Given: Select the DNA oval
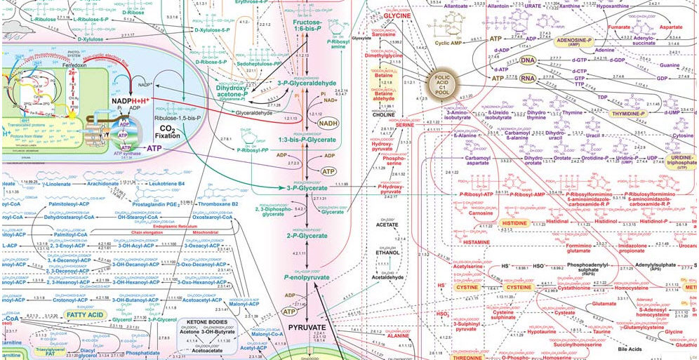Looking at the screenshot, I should pyautogui.click(x=527, y=61).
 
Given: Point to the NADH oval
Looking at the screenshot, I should pyautogui.click(x=328, y=124).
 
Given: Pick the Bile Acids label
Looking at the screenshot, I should pyautogui.click(x=611, y=349).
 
